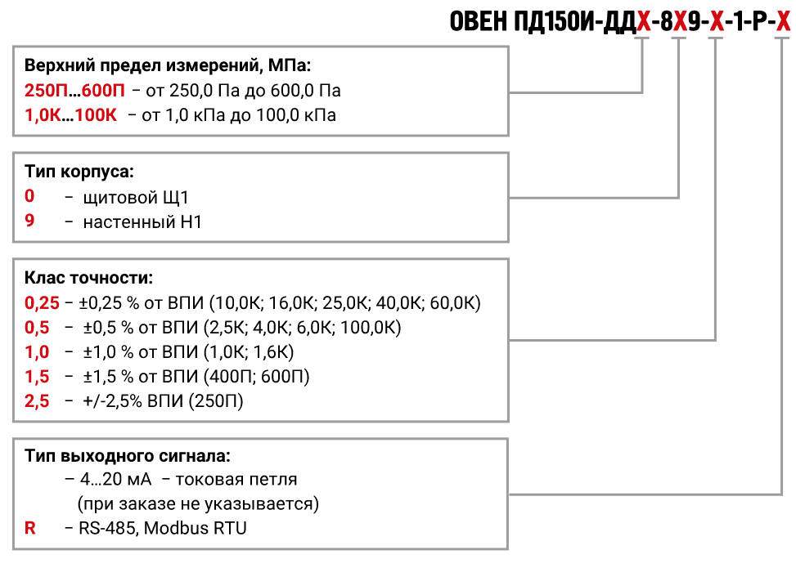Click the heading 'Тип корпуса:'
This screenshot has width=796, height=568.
click(x=79, y=172)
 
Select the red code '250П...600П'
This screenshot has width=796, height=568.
click(x=74, y=91)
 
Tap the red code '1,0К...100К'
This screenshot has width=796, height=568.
click(x=70, y=115)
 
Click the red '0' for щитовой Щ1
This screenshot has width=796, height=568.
click(x=29, y=196)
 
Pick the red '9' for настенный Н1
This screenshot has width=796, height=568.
click(x=29, y=221)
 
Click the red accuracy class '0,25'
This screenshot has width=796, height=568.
click(x=43, y=303)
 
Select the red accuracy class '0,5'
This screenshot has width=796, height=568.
click(x=37, y=328)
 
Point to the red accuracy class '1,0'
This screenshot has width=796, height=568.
click(x=37, y=352)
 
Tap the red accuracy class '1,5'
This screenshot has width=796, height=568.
click(x=37, y=376)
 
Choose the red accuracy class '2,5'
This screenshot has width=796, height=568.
click(x=37, y=401)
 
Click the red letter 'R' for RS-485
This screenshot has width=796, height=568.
click(x=30, y=528)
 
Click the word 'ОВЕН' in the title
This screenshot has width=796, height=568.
click(x=479, y=21)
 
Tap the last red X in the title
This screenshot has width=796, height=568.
click(x=783, y=22)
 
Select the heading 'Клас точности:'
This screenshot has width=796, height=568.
click(x=88, y=278)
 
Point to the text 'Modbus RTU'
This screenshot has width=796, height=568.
click(x=196, y=528)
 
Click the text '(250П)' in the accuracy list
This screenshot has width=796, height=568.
click(x=216, y=401)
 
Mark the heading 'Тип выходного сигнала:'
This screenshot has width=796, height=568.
click(x=128, y=456)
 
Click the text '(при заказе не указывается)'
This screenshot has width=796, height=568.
click(x=198, y=504)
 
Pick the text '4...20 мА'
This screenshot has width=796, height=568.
click(x=115, y=479)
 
